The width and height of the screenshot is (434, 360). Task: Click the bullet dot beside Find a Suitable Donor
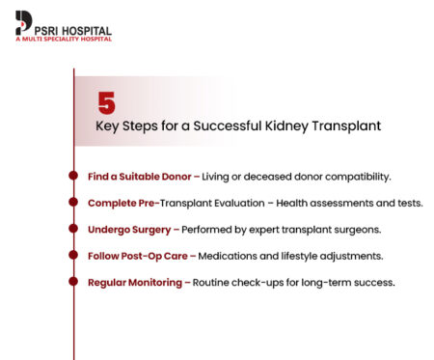click(x=74, y=177)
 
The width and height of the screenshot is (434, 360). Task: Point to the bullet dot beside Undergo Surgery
click(x=74, y=229)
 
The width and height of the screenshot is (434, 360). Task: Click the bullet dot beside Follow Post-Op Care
click(x=74, y=256)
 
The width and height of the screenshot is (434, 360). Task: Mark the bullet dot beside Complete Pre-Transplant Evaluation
click(x=74, y=203)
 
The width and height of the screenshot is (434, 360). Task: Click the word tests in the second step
click(x=408, y=203)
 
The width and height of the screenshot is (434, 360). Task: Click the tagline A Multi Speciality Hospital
click(x=63, y=39)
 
